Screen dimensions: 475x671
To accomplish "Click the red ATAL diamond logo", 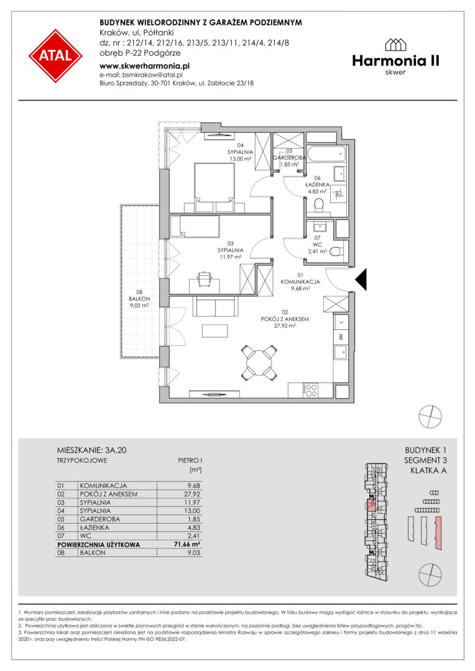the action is click(x=55, y=56).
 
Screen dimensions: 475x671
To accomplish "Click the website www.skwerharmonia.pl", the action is click(x=144, y=66).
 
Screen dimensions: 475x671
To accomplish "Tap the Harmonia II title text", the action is click(x=396, y=61).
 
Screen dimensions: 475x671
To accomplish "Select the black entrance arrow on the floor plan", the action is click(x=361, y=280).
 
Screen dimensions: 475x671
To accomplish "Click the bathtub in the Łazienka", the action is click(x=326, y=153).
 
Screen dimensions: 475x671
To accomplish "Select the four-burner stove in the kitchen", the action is click(x=310, y=390).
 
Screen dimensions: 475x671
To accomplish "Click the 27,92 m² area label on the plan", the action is click(x=285, y=326).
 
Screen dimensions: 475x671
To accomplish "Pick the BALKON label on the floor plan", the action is click(x=139, y=299).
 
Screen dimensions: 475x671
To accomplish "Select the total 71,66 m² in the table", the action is click(x=188, y=545).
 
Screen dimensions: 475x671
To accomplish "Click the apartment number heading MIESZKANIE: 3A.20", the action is click(x=91, y=450).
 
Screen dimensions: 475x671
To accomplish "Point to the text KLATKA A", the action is click(x=428, y=471).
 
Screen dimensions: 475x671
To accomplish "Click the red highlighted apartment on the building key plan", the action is click(x=371, y=505).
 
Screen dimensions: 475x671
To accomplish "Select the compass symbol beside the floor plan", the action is click(x=430, y=416).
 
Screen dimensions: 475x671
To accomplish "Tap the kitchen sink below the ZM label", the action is click(x=341, y=354).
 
